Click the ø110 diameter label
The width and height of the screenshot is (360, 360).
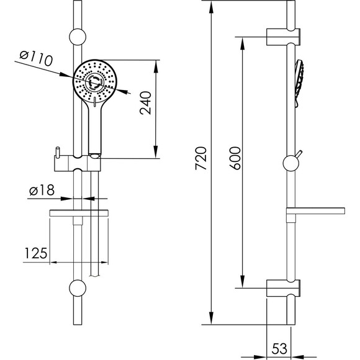point(36,58)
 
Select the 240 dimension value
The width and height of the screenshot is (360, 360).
point(146,103)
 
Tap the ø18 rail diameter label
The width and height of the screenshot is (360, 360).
point(42,190)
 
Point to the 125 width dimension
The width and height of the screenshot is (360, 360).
point(35,253)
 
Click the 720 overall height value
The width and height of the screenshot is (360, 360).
point(201,158)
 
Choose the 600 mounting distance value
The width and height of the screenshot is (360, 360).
point(235,158)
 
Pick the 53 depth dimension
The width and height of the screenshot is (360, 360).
point(279,349)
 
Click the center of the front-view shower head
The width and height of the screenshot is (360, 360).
point(95,82)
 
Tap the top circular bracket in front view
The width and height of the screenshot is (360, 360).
point(78,37)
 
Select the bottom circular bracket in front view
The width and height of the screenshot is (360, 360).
point(78,288)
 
